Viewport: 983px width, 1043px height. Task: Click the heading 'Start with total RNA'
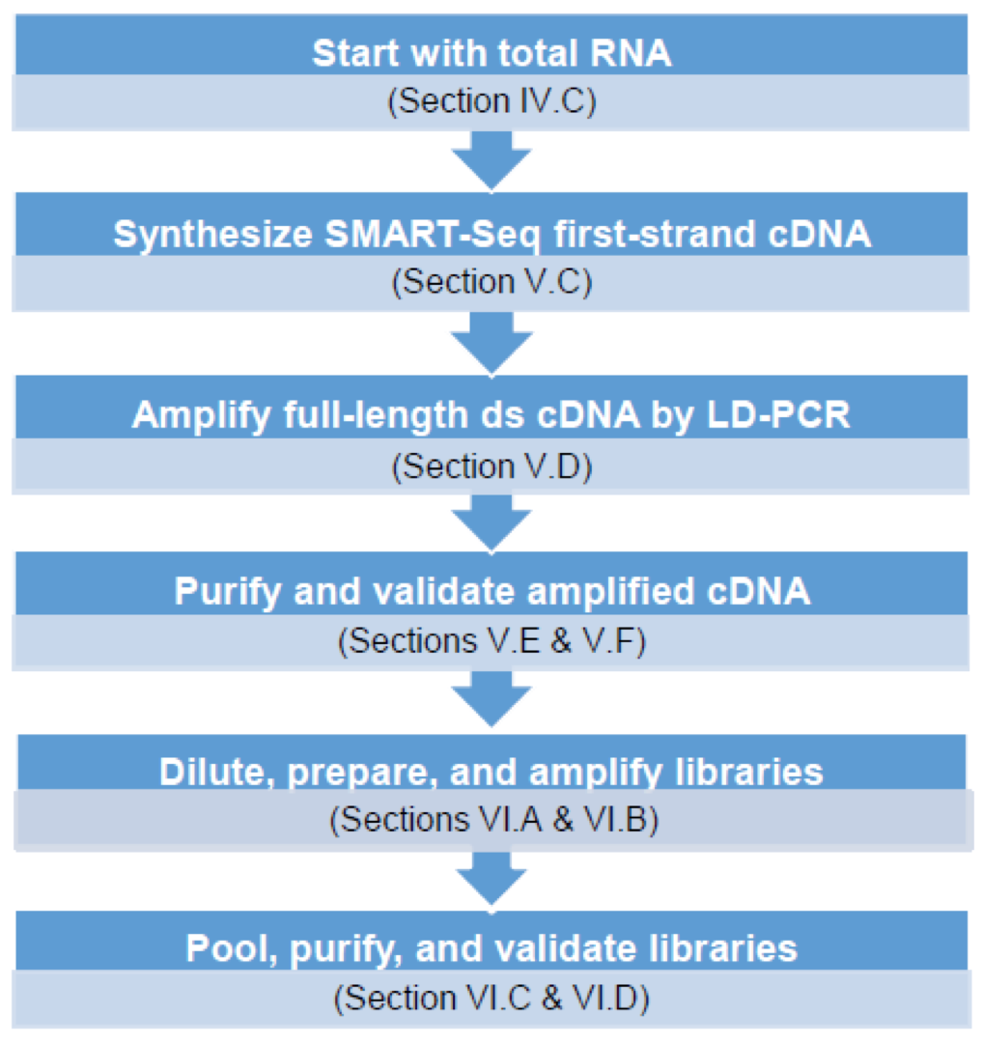[491, 53]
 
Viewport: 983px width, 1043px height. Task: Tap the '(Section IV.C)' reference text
[491, 101]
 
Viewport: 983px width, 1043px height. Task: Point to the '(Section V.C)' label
[491, 282]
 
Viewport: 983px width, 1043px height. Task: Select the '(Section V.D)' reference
[491, 465]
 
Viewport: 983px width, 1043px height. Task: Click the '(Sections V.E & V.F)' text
[491, 640]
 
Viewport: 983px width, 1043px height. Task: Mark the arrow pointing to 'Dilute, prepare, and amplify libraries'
[491, 698]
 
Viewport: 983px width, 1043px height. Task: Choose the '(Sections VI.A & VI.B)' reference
[491, 820]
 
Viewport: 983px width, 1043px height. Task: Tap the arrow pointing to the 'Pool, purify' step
[491, 879]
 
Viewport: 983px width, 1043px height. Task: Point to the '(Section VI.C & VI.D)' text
[491, 997]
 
